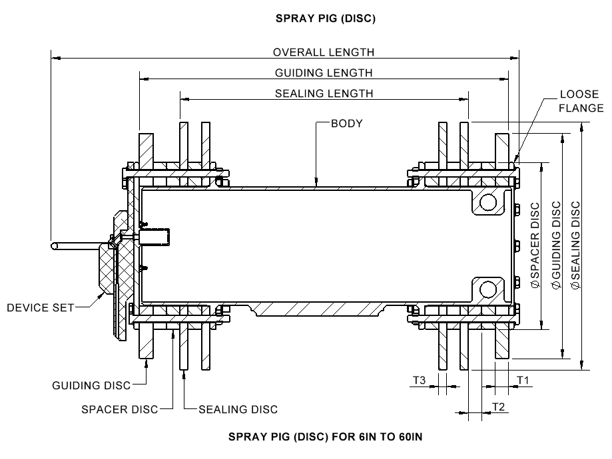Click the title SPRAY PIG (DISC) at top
pyautogui.click(x=326, y=19)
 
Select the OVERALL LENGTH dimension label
pyautogui.click(x=324, y=52)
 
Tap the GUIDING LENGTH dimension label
pyautogui.click(x=324, y=73)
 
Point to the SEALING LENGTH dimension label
pyautogui.click(x=324, y=93)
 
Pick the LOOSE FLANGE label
pyautogui.click(x=581, y=101)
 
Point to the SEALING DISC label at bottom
pyautogui.click(x=238, y=409)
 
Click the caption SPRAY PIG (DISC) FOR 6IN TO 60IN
pyautogui.click(x=326, y=437)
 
